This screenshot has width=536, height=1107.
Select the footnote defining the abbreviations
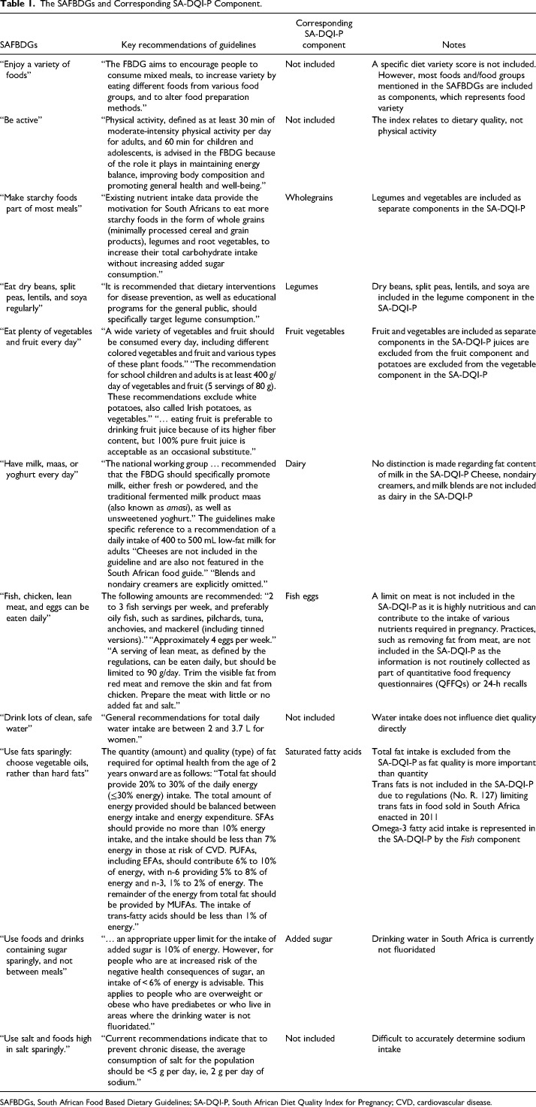point(267,1099)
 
